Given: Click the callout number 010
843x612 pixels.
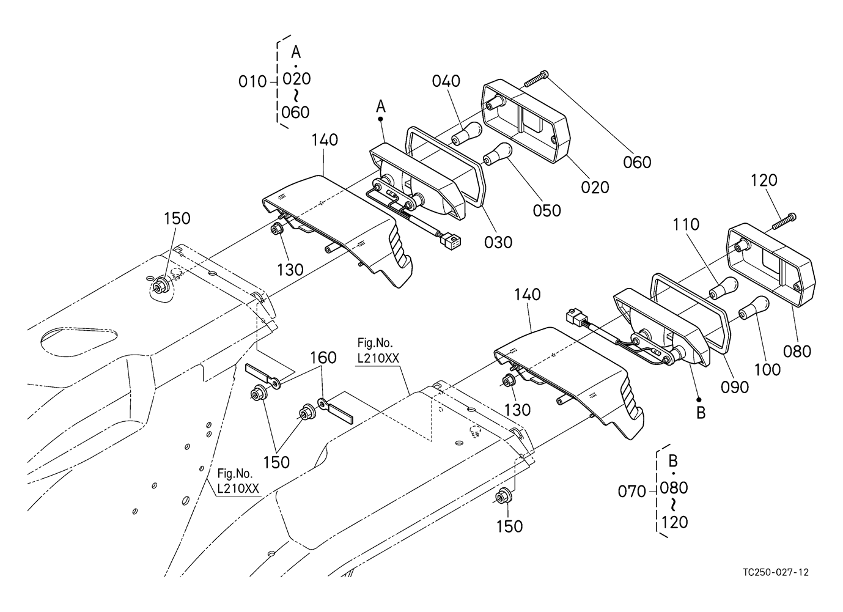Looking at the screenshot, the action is point(252,82).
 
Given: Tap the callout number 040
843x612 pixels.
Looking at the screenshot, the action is point(446,81).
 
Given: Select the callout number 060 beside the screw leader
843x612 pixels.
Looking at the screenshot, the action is point(637,162).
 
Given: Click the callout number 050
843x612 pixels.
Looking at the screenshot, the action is point(547,210).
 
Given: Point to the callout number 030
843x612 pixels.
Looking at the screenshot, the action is point(498,242).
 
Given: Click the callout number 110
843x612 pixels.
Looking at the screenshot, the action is point(686,225).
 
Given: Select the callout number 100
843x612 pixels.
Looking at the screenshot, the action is point(768,370).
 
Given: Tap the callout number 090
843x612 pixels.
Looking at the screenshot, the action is point(735,387).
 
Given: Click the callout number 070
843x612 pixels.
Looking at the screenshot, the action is point(632,492).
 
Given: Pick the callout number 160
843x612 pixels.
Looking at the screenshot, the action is point(323,358).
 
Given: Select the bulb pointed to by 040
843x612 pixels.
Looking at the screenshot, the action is point(466,133).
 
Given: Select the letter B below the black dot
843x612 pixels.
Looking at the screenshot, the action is point(701,413).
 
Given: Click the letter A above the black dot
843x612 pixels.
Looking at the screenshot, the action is point(381,106).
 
